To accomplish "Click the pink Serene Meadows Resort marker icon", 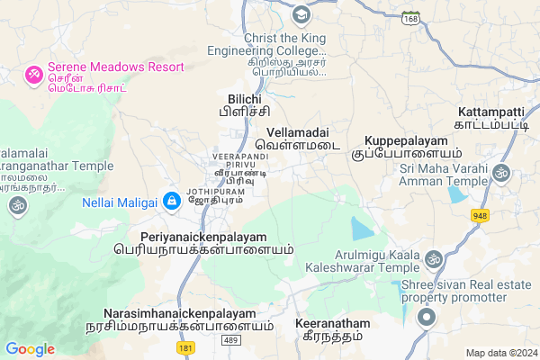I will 35,74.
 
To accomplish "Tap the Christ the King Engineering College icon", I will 300,15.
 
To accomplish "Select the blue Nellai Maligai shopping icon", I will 171,200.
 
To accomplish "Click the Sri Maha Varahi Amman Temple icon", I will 501,171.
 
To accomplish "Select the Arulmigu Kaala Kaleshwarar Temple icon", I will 434,261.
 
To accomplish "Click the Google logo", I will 30,349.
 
